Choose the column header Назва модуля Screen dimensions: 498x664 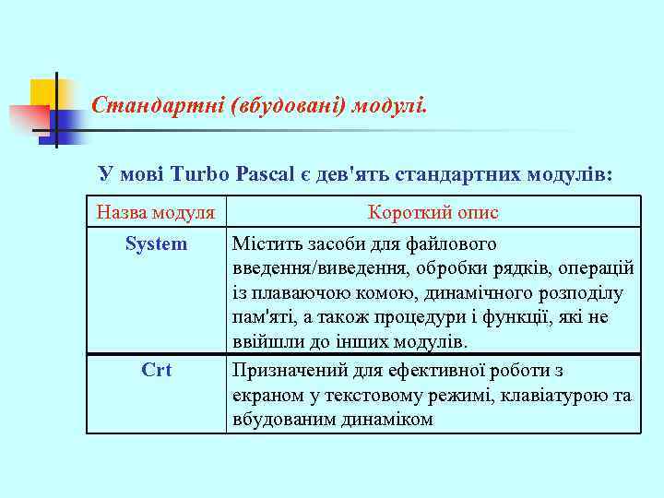point(156,213)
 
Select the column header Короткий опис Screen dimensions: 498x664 point(433,213)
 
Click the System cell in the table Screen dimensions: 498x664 point(156,244)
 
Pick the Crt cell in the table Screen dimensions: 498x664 point(156,371)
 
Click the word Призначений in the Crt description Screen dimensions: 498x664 point(287,371)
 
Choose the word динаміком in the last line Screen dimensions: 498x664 point(386,420)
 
